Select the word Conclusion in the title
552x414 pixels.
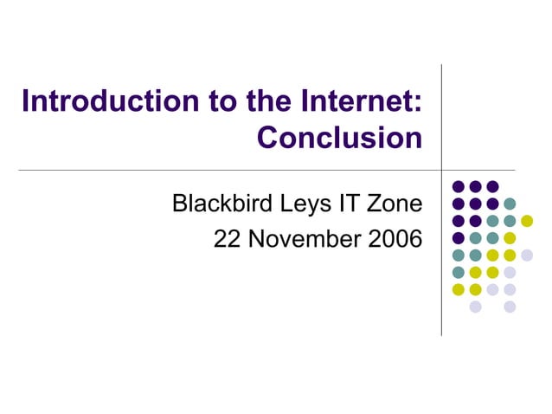[x=340, y=137]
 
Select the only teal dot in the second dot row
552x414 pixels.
[x=510, y=204]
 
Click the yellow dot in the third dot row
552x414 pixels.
[x=527, y=221]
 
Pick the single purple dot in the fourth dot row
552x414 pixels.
[x=459, y=238]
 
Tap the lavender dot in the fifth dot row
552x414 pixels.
[x=527, y=255]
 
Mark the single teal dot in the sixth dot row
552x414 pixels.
[x=459, y=272]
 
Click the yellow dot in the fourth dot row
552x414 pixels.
[x=510, y=238]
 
